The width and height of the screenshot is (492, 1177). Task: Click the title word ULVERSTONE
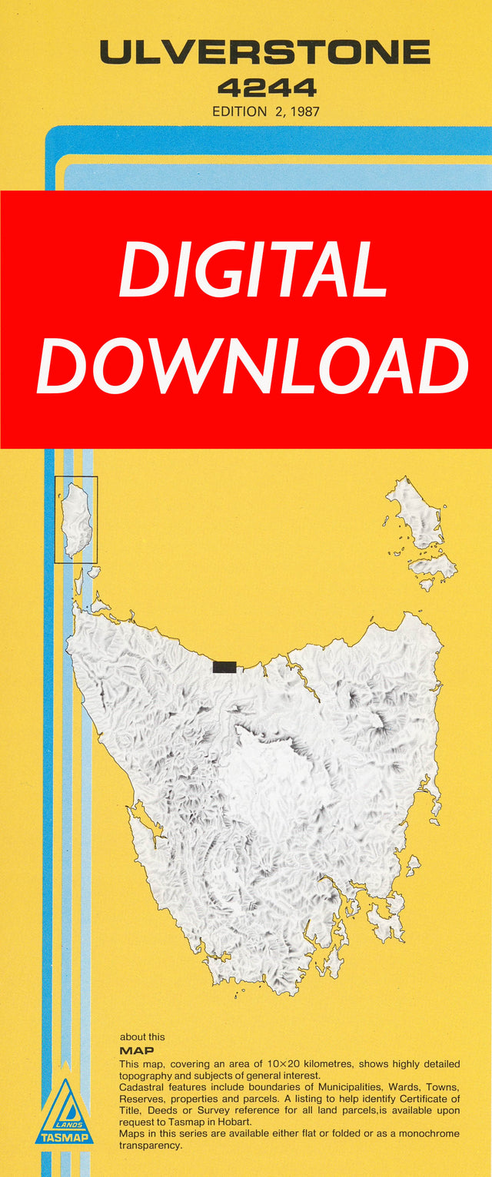click(264, 52)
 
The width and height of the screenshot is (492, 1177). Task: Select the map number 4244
click(267, 88)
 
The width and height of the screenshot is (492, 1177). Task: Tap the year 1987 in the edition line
click(304, 111)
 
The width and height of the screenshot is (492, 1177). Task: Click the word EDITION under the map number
click(238, 111)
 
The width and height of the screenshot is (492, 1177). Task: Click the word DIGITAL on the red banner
click(252, 270)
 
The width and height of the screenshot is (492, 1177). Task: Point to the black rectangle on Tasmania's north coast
click(224, 667)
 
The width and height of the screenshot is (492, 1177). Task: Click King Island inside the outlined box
click(76, 520)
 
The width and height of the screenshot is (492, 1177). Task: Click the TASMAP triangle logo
click(64, 1112)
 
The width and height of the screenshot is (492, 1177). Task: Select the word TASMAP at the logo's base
click(64, 1137)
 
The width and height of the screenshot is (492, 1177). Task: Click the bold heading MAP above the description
click(137, 1050)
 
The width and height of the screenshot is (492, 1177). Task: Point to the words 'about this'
click(142, 1037)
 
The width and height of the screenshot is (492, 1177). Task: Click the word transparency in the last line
click(151, 1145)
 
